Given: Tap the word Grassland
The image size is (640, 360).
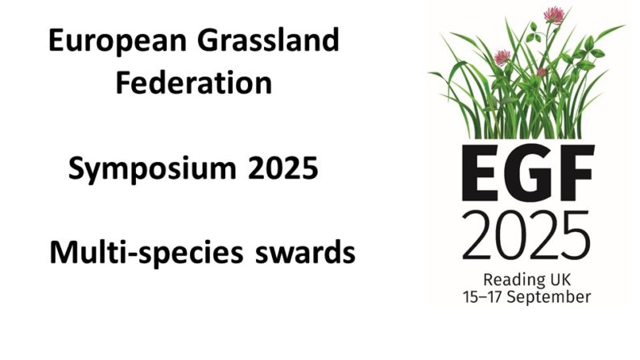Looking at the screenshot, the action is [268, 39].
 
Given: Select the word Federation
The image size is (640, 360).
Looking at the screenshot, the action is [194, 83].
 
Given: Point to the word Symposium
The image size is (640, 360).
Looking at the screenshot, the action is [152, 169].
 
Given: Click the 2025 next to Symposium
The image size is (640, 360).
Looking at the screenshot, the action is [283, 168].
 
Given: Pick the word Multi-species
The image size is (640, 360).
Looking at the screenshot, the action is [147, 254].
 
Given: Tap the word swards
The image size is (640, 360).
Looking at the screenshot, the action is [305, 252].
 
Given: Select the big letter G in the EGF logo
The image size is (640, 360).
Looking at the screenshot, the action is [529, 172].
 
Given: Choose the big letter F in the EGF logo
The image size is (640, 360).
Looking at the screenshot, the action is [576, 172].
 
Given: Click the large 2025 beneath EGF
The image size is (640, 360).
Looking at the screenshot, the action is [526, 235].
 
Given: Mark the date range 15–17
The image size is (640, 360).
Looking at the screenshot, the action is [482, 296].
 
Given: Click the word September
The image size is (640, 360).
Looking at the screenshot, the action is [548, 297].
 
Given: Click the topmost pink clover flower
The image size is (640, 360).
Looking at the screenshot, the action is [555, 15].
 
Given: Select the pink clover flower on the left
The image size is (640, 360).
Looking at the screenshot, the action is [502, 57].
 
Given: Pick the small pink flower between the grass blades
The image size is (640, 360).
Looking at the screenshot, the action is [541, 72].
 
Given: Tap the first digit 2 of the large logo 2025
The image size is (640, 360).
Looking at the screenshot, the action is [477, 235].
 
